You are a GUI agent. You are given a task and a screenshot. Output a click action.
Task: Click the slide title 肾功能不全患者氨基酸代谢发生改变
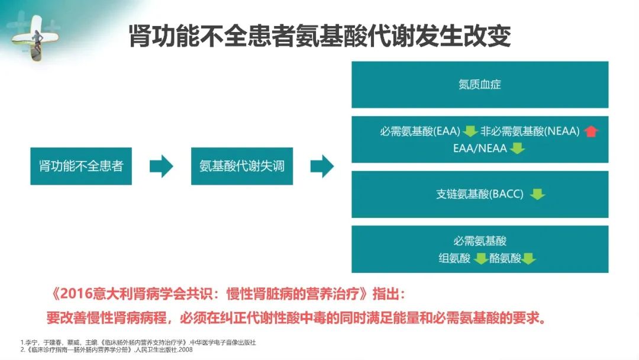(320, 36)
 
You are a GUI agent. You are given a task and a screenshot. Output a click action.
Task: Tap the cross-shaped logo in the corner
(35, 37)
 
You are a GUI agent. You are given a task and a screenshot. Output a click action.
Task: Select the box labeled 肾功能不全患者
(81, 166)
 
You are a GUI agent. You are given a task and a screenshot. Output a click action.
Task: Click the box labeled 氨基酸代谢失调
(242, 166)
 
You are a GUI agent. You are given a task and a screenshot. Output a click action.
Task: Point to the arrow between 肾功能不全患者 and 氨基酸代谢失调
(162, 166)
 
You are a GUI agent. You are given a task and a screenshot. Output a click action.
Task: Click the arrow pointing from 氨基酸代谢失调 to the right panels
(322, 166)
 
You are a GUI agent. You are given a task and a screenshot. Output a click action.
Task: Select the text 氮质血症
(480, 85)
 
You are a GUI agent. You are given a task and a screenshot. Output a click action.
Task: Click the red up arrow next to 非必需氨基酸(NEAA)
(591, 131)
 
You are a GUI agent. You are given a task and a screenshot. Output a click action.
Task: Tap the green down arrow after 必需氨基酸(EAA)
(470, 131)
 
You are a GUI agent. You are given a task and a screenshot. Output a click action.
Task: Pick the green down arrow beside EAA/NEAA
(517, 148)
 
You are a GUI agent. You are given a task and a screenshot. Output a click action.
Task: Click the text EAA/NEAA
(480, 148)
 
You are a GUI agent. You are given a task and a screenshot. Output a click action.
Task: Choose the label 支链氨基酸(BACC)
(480, 194)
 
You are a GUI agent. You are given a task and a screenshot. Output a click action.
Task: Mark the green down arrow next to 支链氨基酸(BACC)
(537, 194)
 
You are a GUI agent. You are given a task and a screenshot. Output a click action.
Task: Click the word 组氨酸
(454, 258)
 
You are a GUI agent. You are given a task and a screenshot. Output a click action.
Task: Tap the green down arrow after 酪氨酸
(528, 259)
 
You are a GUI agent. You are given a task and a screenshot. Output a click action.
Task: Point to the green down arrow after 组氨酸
(481, 259)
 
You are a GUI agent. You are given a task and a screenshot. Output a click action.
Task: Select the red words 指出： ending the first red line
(389, 294)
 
